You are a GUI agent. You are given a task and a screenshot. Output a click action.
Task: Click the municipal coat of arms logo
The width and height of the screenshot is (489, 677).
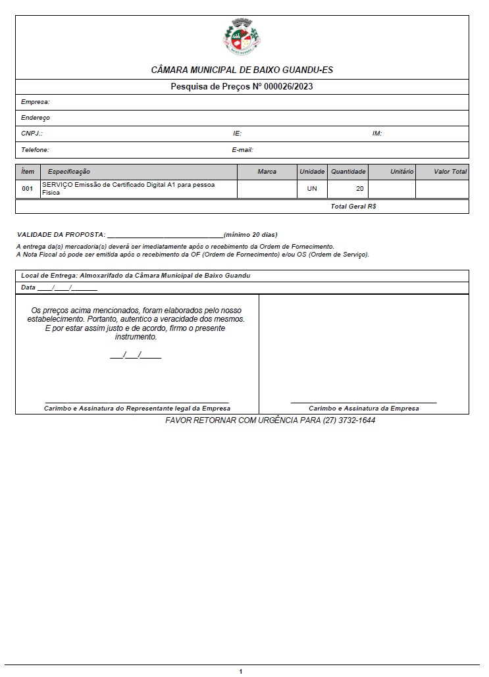click(242, 37)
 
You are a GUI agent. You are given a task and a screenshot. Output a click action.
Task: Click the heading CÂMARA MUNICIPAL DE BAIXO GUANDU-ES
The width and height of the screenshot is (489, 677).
click(242, 70)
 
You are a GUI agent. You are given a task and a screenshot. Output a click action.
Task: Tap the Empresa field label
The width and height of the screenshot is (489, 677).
click(35, 102)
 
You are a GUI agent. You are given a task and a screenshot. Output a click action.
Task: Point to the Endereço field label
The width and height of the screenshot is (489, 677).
click(35, 118)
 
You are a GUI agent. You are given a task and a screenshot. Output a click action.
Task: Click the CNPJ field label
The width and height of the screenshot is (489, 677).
click(32, 134)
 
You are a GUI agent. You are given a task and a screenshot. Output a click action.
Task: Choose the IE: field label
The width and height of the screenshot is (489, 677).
click(237, 134)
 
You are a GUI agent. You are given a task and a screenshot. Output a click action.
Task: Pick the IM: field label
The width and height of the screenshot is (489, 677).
click(377, 134)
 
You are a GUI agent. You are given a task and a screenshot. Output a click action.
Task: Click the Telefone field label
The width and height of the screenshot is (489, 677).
click(35, 150)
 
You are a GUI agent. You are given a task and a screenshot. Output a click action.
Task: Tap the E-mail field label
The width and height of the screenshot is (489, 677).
click(242, 150)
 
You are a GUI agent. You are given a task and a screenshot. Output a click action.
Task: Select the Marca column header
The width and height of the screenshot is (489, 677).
click(267, 172)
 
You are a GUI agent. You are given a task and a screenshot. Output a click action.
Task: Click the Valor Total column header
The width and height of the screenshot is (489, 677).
click(450, 172)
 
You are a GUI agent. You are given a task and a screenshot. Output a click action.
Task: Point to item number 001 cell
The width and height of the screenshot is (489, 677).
click(27, 189)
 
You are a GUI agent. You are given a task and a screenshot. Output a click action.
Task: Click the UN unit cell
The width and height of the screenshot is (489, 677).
click(312, 189)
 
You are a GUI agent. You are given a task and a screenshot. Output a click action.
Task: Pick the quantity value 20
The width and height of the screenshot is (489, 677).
click(359, 189)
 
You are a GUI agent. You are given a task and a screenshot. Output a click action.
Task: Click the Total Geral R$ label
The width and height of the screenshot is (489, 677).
click(353, 207)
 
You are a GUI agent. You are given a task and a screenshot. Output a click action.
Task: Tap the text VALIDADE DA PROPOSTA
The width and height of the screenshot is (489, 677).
click(61, 235)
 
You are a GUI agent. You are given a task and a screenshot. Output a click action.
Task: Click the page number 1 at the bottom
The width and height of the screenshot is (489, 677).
click(241, 671)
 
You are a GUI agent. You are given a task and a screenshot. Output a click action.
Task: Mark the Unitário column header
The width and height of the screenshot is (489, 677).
click(401, 172)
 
